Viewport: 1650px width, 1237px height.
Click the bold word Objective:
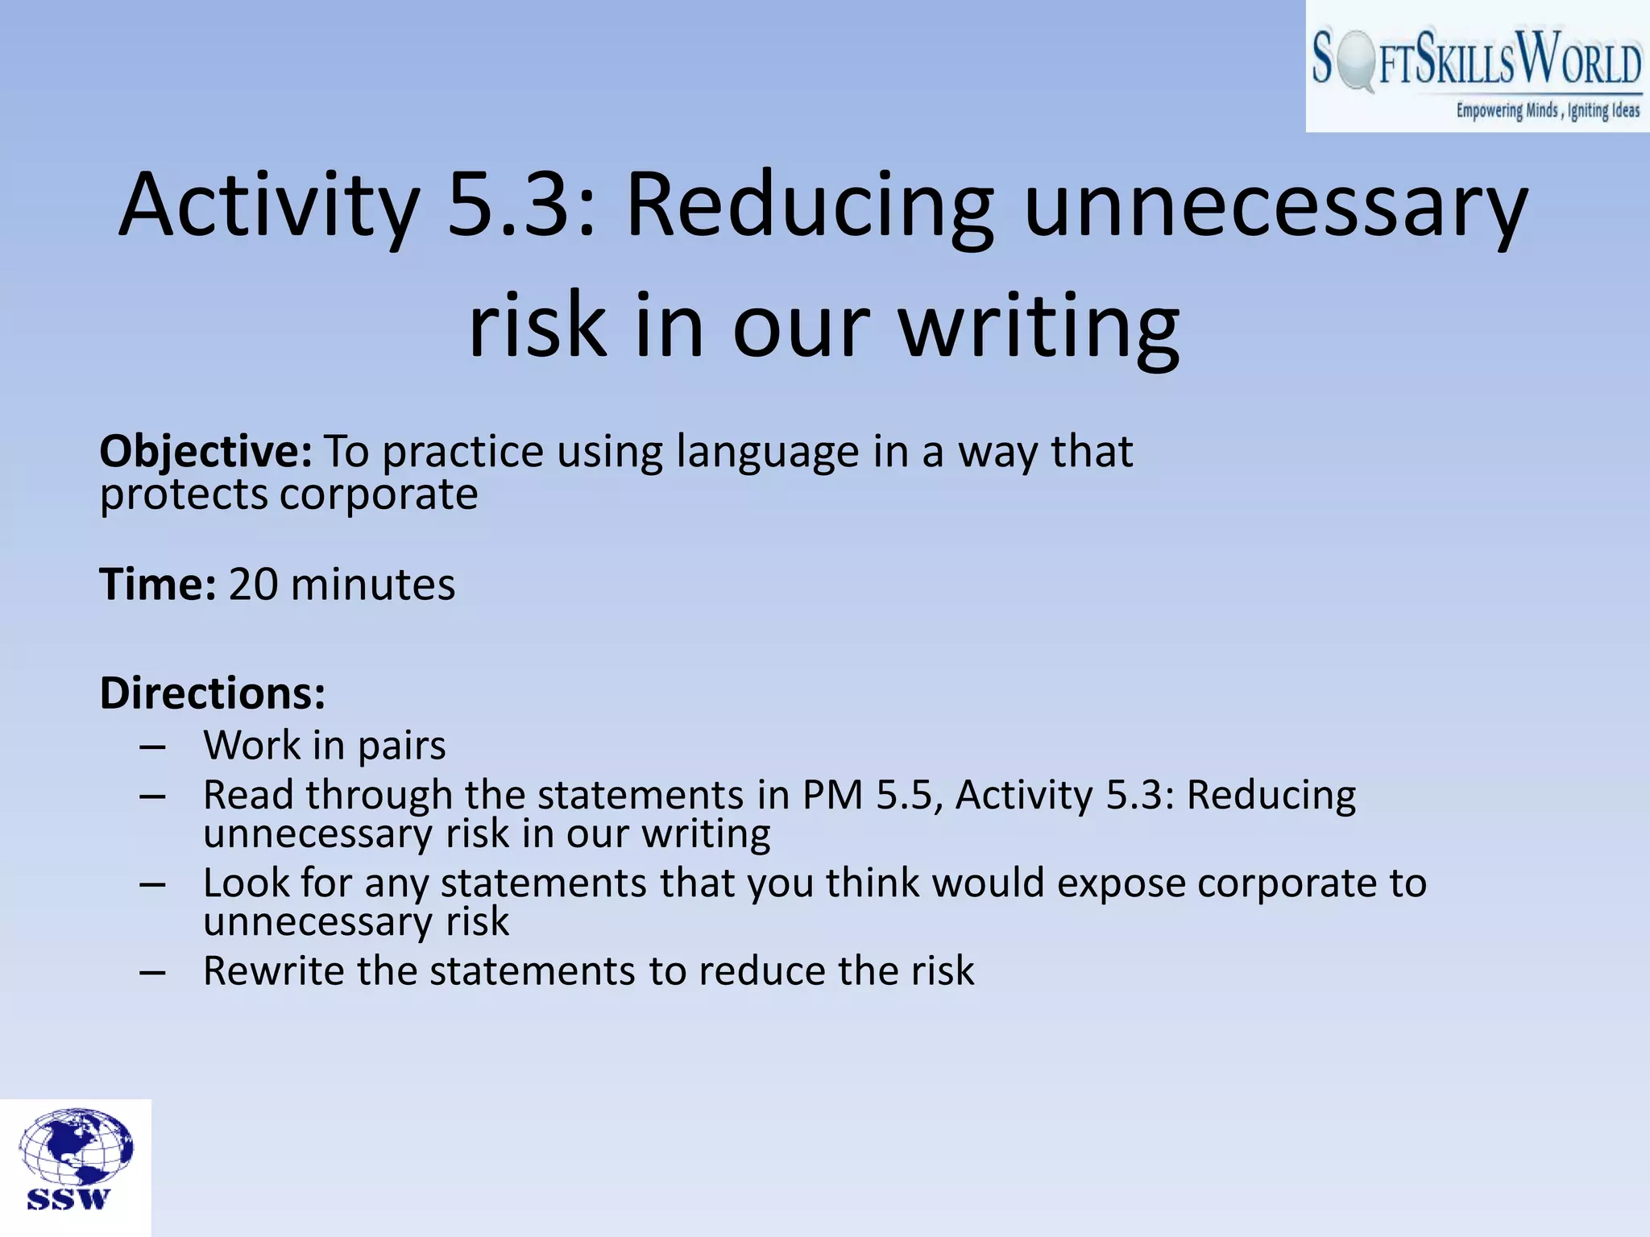coord(205,452)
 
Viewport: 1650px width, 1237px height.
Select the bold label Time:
coord(158,585)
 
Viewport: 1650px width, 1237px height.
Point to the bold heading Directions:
coord(213,693)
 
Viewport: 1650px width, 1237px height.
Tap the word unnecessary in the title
coord(1275,205)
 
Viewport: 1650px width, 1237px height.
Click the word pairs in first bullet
coord(401,746)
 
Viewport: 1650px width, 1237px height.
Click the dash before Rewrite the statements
coord(152,973)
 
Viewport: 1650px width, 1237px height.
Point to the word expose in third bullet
coord(1121,884)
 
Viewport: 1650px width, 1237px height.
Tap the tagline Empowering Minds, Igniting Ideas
coord(1547,111)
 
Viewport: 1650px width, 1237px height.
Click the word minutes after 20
coord(373,585)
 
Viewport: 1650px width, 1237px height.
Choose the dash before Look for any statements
coord(152,885)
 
